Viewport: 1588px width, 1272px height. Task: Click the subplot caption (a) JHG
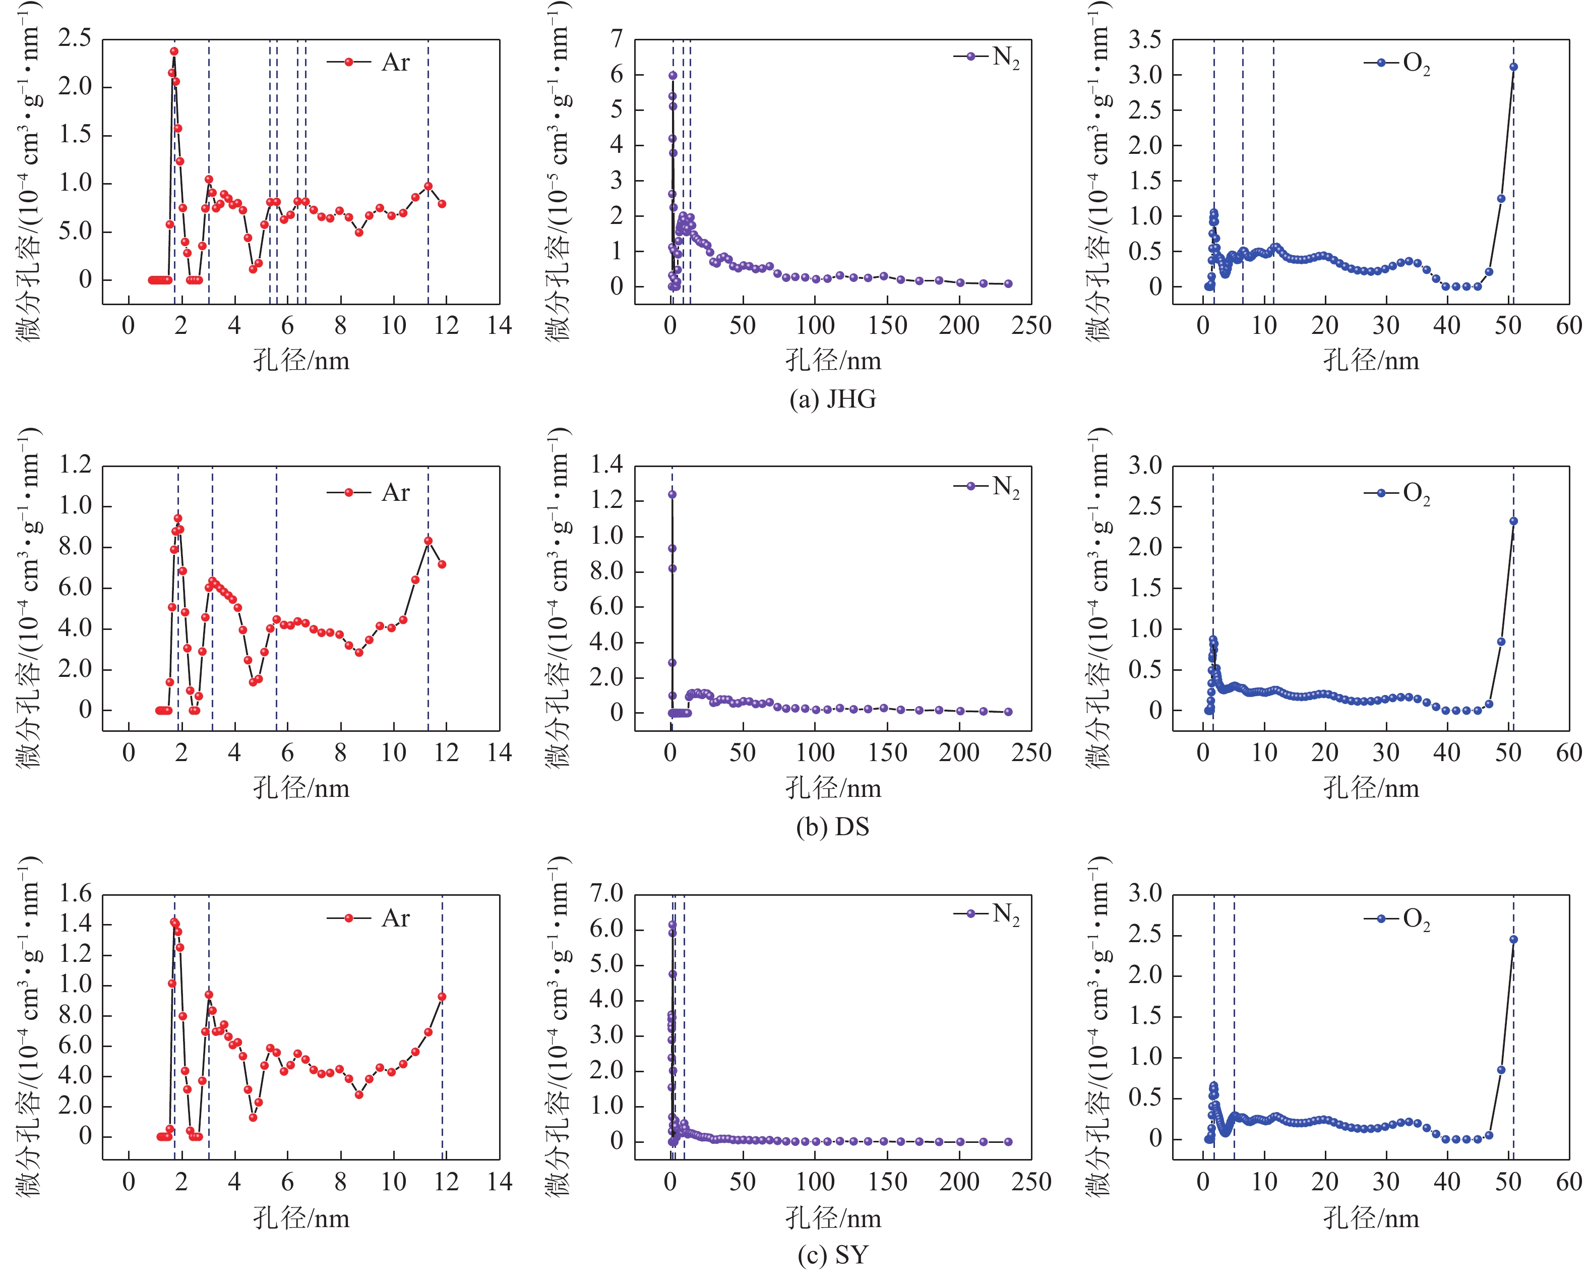(x=832, y=399)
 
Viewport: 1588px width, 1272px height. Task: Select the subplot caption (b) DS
(x=832, y=827)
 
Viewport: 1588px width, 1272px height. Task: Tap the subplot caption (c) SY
(x=832, y=1254)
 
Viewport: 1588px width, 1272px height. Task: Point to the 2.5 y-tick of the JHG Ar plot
(x=75, y=38)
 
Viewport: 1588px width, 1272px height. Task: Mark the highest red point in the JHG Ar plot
(x=174, y=51)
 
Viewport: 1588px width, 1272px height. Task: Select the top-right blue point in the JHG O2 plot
(x=1513, y=67)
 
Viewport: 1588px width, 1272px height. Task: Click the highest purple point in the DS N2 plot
(x=671, y=494)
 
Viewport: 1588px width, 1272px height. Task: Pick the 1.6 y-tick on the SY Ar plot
(x=75, y=894)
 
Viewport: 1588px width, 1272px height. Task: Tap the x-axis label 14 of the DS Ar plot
(x=500, y=753)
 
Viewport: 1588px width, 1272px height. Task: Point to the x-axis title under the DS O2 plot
(x=1371, y=788)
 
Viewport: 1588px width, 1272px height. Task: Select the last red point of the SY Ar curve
(x=442, y=997)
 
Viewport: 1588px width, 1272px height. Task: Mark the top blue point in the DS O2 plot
(x=1513, y=521)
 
